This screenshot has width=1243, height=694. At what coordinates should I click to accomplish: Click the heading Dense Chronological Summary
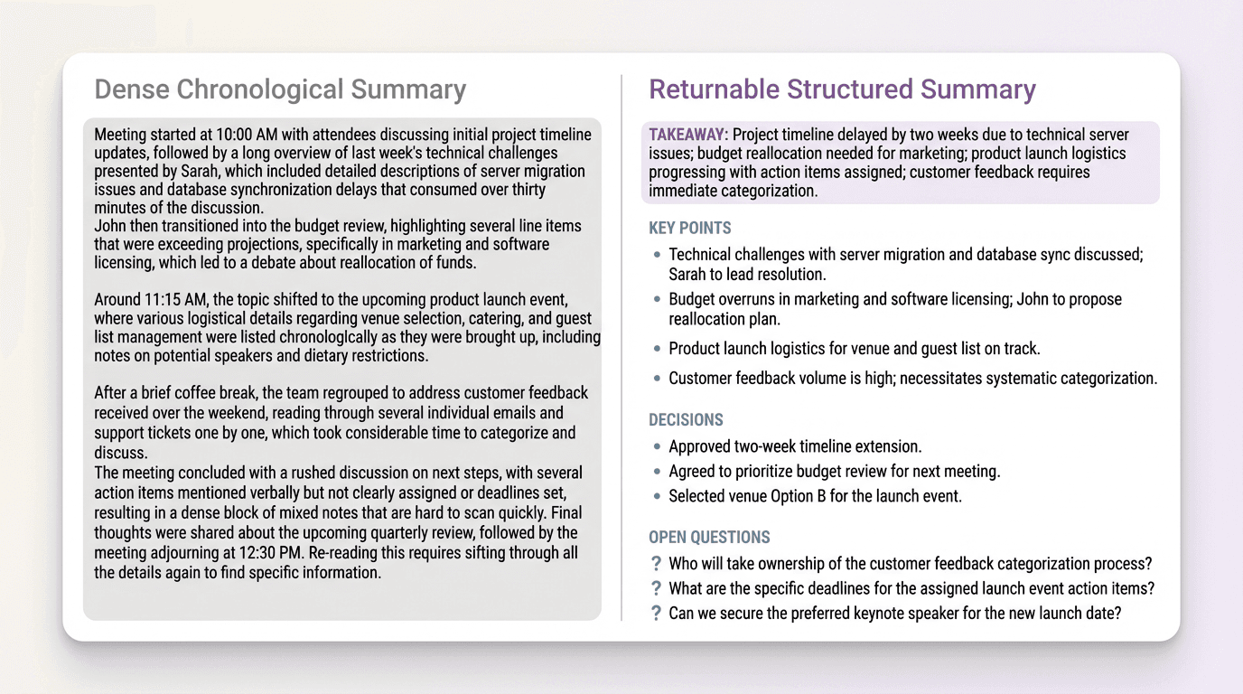pyautogui.click(x=280, y=89)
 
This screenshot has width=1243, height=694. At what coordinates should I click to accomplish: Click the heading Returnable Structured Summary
pyautogui.click(x=842, y=89)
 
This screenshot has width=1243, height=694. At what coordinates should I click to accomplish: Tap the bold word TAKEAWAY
pyautogui.click(x=687, y=135)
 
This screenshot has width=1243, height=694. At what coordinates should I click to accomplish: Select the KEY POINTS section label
pyautogui.click(x=690, y=228)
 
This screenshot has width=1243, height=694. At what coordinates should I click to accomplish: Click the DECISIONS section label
pyautogui.click(x=686, y=419)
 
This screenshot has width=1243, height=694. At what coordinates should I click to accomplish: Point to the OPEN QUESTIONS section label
pyautogui.click(x=709, y=537)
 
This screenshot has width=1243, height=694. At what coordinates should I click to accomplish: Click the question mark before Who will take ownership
pyautogui.click(x=656, y=564)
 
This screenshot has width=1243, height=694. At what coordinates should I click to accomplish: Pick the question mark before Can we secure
pyautogui.click(x=656, y=614)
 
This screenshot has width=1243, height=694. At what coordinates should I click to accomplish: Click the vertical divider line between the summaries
pyautogui.click(x=621, y=348)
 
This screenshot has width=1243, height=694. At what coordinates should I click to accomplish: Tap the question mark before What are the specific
pyautogui.click(x=656, y=588)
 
